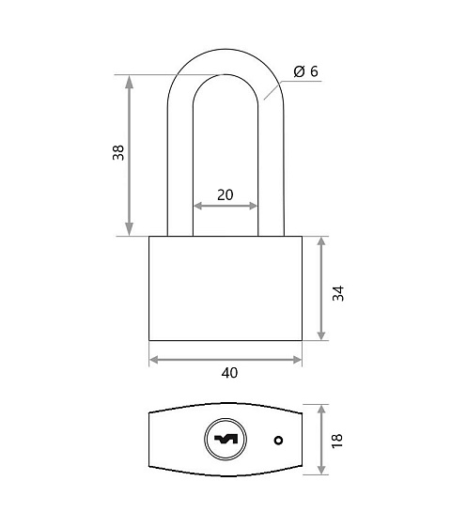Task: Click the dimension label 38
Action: (118, 152)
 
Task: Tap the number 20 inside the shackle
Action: (225, 194)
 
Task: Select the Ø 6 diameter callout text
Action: (305, 71)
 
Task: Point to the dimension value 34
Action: (338, 293)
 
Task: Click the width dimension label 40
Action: (229, 373)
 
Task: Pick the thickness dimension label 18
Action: (337, 441)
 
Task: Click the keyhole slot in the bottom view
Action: (225, 440)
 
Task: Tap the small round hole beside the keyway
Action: (278, 441)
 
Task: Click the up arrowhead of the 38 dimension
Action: (130, 82)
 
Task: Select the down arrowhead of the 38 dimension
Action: (130, 228)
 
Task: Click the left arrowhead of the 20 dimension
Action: (199, 206)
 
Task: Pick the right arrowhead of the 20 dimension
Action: (253, 206)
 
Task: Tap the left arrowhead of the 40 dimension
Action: (154, 360)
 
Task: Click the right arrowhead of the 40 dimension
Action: (297, 360)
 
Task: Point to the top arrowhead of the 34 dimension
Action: (321, 243)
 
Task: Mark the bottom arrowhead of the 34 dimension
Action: (321, 334)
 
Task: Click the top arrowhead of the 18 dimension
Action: (322, 411)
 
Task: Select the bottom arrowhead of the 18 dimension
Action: (322, 467)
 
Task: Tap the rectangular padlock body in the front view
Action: (225, 288)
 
